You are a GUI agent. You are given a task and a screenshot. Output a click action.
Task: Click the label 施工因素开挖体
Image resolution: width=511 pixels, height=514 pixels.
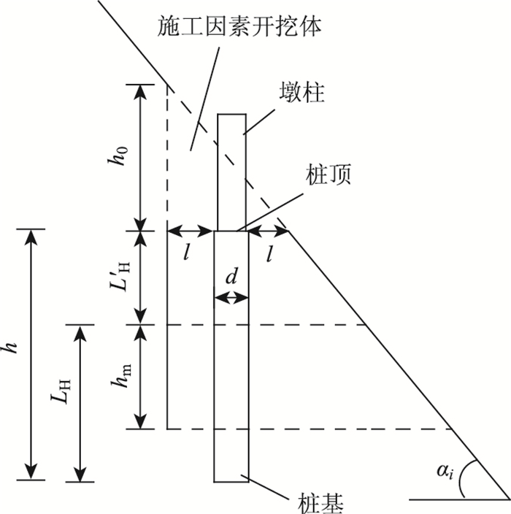point(239,27)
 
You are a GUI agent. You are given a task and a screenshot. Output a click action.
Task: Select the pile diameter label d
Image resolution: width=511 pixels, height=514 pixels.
point(231,277)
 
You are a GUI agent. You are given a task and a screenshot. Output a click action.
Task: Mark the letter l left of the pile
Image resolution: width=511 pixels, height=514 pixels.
point(187,253)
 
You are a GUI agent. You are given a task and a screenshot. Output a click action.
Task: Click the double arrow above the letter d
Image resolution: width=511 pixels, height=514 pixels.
point(231,297)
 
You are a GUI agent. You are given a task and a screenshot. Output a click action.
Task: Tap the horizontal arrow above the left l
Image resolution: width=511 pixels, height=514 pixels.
point(190,231)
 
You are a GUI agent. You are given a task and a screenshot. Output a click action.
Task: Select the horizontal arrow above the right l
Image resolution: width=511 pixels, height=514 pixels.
point(268,231)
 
